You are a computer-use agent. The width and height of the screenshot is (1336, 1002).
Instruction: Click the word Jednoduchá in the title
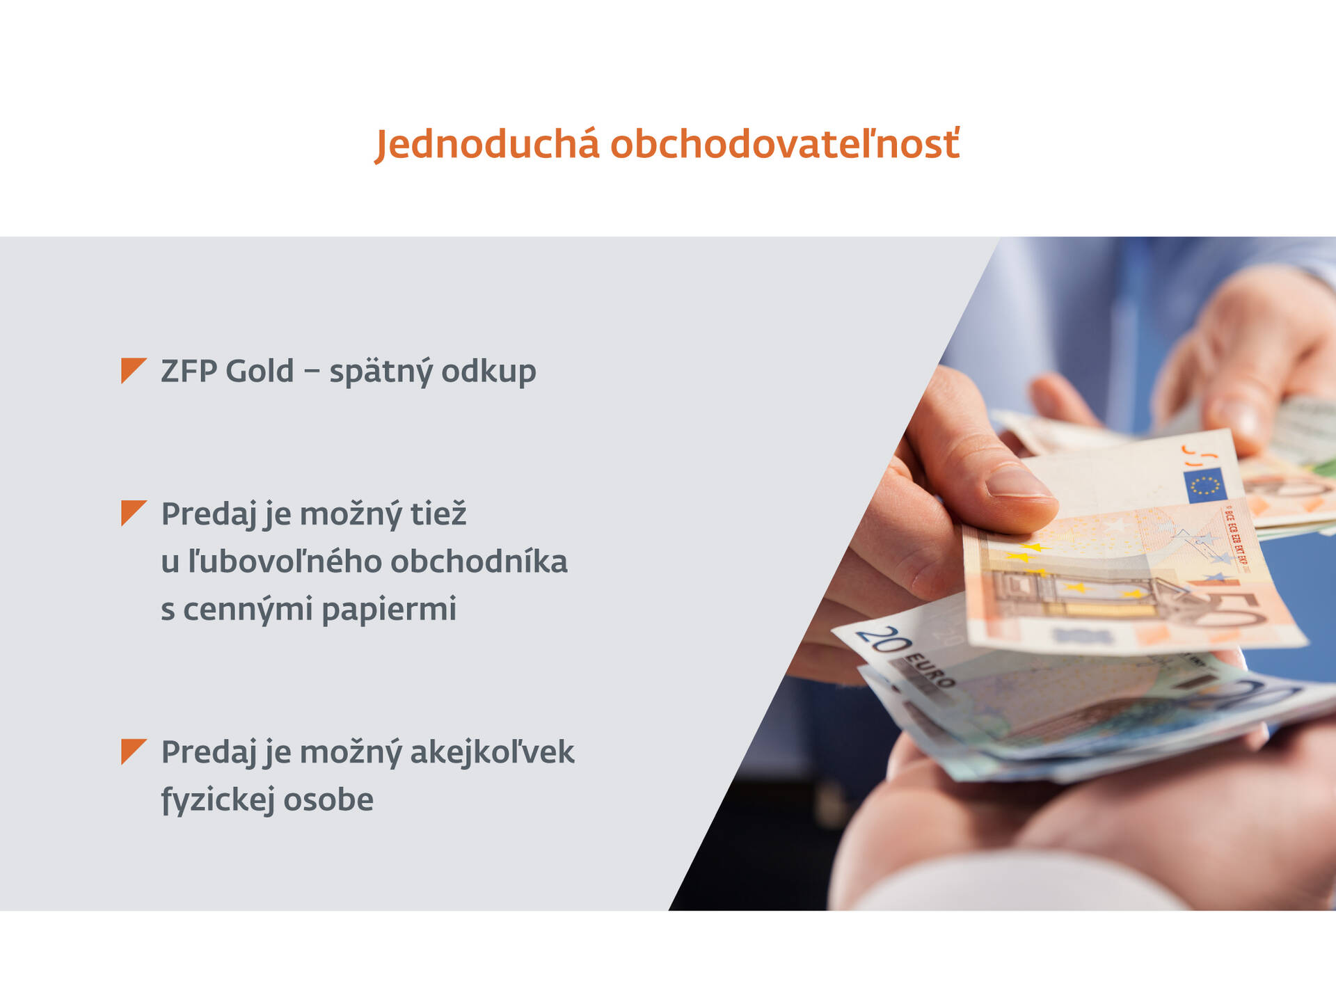[486, 145]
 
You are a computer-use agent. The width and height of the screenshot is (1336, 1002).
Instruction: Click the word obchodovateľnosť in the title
[785, 145]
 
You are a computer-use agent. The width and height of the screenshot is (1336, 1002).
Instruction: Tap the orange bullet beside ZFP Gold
[132, 369]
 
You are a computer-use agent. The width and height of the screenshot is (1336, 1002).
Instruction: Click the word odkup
[488, 371]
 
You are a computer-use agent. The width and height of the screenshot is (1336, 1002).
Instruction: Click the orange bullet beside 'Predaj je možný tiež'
[132, 512]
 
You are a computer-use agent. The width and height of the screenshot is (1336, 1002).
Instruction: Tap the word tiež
[438, 514]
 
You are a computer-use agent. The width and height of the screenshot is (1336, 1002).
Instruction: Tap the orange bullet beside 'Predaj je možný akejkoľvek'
[132, 750]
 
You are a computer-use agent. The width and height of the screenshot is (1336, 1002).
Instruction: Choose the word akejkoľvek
[492, 752]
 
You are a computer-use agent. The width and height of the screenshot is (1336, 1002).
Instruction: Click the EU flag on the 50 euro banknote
[1204, 485]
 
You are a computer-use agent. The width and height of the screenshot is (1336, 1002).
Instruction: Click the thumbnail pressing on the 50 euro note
[1017, 482]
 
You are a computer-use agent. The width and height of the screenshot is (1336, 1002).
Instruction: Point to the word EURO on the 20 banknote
[930, 669]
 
